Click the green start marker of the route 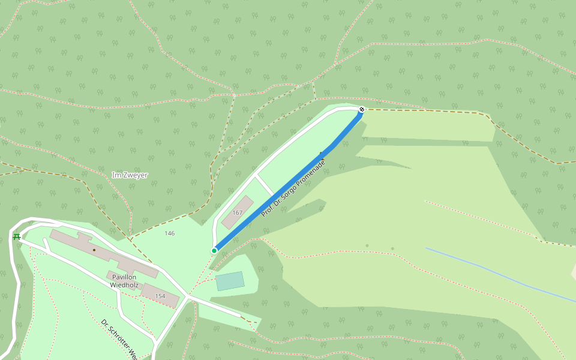point(214,250)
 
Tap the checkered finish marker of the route point(362,109)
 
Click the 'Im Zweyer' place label point(130,175)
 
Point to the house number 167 point(238,212)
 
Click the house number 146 point(170,233)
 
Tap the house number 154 point(160,296)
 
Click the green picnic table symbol point(17,236)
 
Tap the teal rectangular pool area point(230,281)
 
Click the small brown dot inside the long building point(94,250)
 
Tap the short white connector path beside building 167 point(265,185)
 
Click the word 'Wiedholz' point(125,285)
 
